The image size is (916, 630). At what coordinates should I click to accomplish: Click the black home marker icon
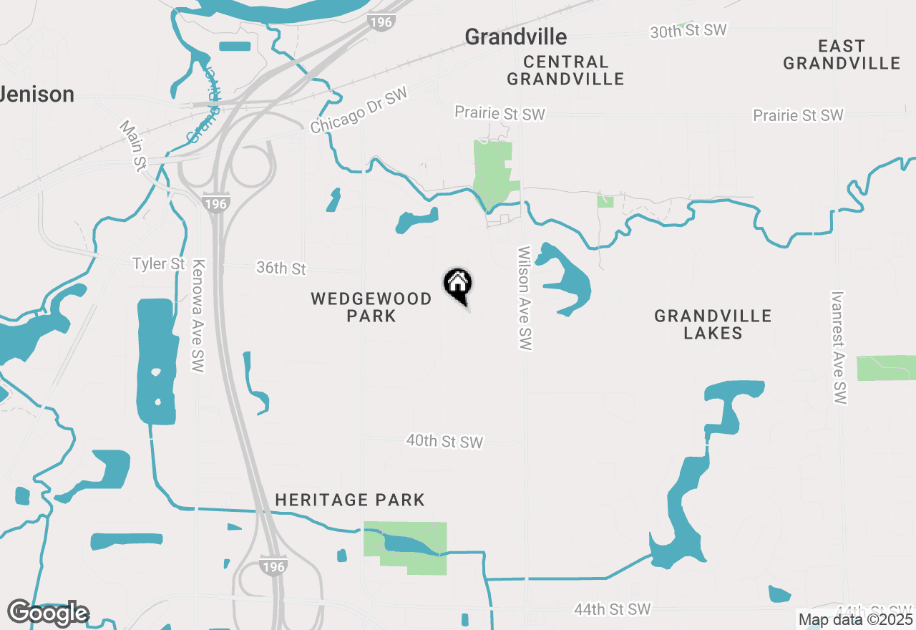coord(457,284)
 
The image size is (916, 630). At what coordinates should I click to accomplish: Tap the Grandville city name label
coord(515,37)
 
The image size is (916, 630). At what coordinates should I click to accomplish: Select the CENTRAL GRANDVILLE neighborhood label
coord(565,70)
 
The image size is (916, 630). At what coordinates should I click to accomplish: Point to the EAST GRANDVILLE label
coord(842,55)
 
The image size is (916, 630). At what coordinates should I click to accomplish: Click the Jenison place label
coord(37,94)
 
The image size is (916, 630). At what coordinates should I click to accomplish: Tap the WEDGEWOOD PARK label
coord(371,307)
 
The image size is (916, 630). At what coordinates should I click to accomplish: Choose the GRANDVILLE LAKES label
coord(713,324)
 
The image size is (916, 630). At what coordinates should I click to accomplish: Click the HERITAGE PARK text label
coord(350,500)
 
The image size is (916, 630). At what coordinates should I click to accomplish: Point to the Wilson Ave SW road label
coord(525,299)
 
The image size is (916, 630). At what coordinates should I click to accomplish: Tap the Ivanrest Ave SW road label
coord(839,347)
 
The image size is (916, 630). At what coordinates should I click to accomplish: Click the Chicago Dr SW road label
coord(359,110)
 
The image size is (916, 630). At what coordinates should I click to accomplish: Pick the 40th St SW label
coord(444,442)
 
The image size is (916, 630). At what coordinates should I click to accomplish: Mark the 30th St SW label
coord(688,31)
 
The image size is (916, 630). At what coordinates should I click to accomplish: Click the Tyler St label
coord(159,264)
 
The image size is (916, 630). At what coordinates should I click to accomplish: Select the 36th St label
coord(281,268)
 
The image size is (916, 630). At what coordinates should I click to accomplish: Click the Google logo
coord(48,614)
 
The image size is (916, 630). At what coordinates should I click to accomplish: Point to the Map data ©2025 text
coord(856,619)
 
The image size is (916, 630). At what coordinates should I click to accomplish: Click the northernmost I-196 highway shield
coord(381,22)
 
